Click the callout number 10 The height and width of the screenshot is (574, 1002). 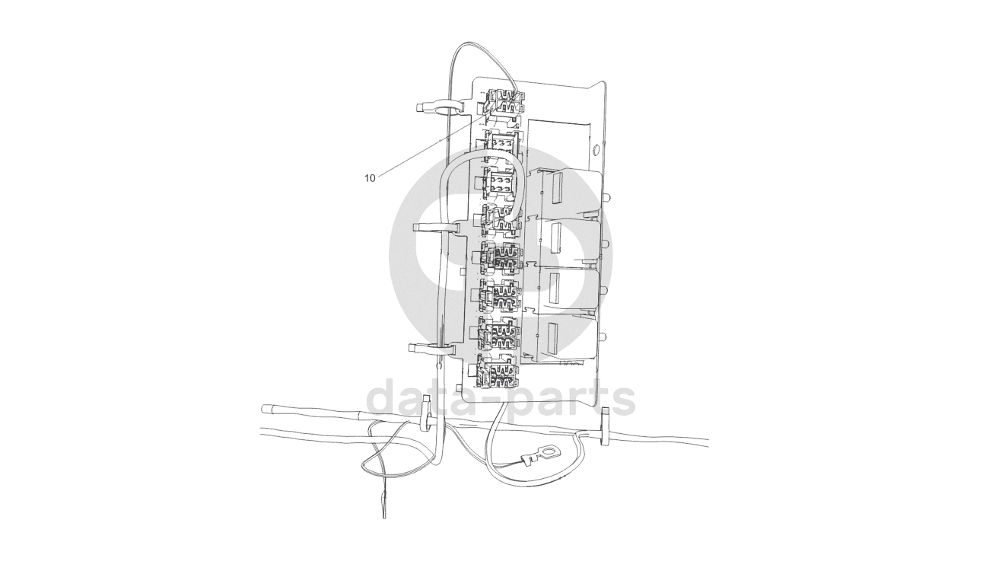pyautogui.click(x=370, y=178)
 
